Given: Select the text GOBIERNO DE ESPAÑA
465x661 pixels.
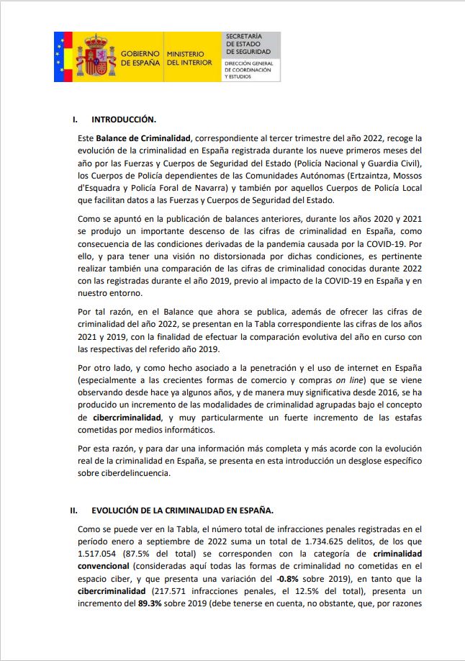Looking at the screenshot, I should [x=140, y=58].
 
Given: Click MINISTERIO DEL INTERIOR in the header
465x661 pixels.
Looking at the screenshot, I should [x=189, y=58].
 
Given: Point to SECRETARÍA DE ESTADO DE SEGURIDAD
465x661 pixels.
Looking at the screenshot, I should [x=248, y=44].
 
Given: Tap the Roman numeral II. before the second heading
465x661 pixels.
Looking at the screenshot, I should [x=73, y=511].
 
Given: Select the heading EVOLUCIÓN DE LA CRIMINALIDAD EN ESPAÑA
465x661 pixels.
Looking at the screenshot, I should [x=182, y=511].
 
